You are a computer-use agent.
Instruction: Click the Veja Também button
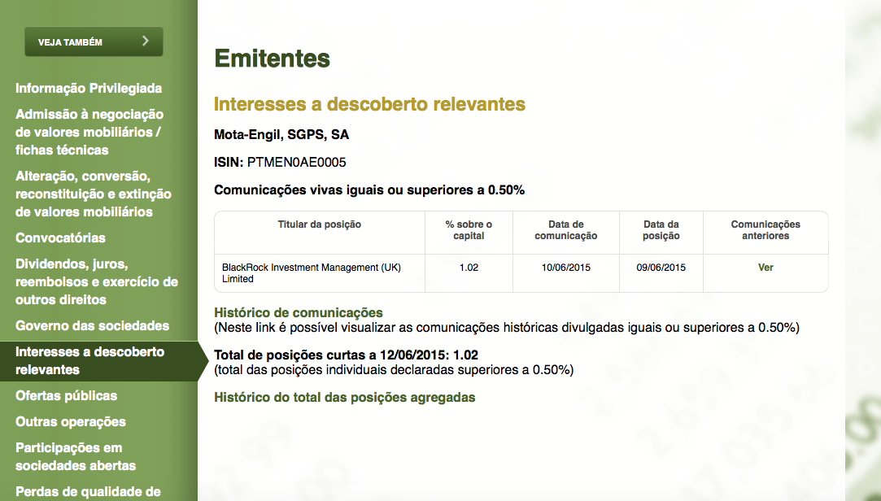[94, 41]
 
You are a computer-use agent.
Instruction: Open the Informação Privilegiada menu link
[89, 88]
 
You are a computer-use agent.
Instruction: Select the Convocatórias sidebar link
[61, 237]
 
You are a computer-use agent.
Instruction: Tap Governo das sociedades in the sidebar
[92, 326]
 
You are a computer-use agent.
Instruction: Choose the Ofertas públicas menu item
[67, 395]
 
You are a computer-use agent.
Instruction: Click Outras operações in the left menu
[71, 422]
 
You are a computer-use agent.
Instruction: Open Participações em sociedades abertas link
[76, 456]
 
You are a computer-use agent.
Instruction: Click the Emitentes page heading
[272, 59]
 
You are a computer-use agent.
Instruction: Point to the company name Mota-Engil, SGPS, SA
[281, 135]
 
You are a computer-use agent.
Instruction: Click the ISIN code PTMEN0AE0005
[297, 163]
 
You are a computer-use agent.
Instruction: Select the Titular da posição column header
[319, 224]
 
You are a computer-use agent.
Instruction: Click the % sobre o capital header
[469, 229]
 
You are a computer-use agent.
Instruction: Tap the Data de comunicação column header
[566, 229]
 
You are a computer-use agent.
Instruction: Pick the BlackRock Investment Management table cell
[312, 273]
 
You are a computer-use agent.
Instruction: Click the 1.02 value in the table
[469, 268]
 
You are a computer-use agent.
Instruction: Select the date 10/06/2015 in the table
[566, 268]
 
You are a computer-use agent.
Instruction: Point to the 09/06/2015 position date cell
[661, 268]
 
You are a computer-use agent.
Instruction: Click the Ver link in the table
[765, 268]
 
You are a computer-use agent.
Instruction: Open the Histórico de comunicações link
[299, 313]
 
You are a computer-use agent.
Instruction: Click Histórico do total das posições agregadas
[344, 398]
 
